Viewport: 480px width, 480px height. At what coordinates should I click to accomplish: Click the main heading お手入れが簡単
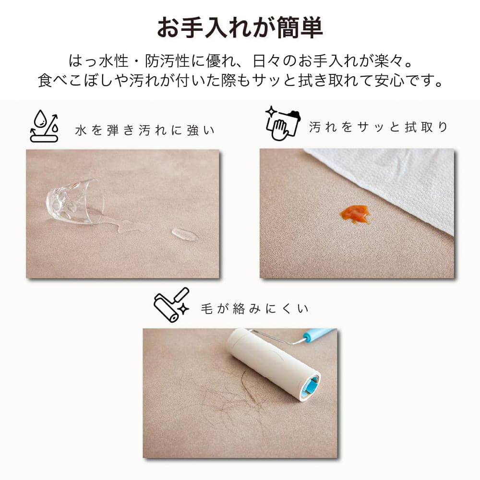[x=240, y=28]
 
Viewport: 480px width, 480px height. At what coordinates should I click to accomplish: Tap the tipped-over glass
[x=75, y=202]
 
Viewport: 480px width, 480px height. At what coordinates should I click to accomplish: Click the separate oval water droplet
[x=185, y=235]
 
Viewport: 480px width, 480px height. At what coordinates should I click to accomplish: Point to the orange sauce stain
[x=356, y=214]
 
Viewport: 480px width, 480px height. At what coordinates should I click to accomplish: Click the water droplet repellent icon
[x=44, y=126]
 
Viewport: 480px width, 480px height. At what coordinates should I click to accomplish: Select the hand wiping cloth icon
[x=282, y=123]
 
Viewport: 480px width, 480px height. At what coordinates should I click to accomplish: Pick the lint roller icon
[x=171, y=305]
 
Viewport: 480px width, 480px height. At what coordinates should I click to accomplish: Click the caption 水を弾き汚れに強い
[x=144, y=131]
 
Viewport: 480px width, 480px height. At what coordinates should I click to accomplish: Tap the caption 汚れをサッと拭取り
[x=378, y=127]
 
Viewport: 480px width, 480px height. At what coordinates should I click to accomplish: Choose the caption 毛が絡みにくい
[x=255, y=309]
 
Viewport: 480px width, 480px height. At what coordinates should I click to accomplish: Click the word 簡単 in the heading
[x=300, y=28]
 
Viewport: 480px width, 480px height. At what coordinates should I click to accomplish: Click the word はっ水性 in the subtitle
[x=98, y=60]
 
